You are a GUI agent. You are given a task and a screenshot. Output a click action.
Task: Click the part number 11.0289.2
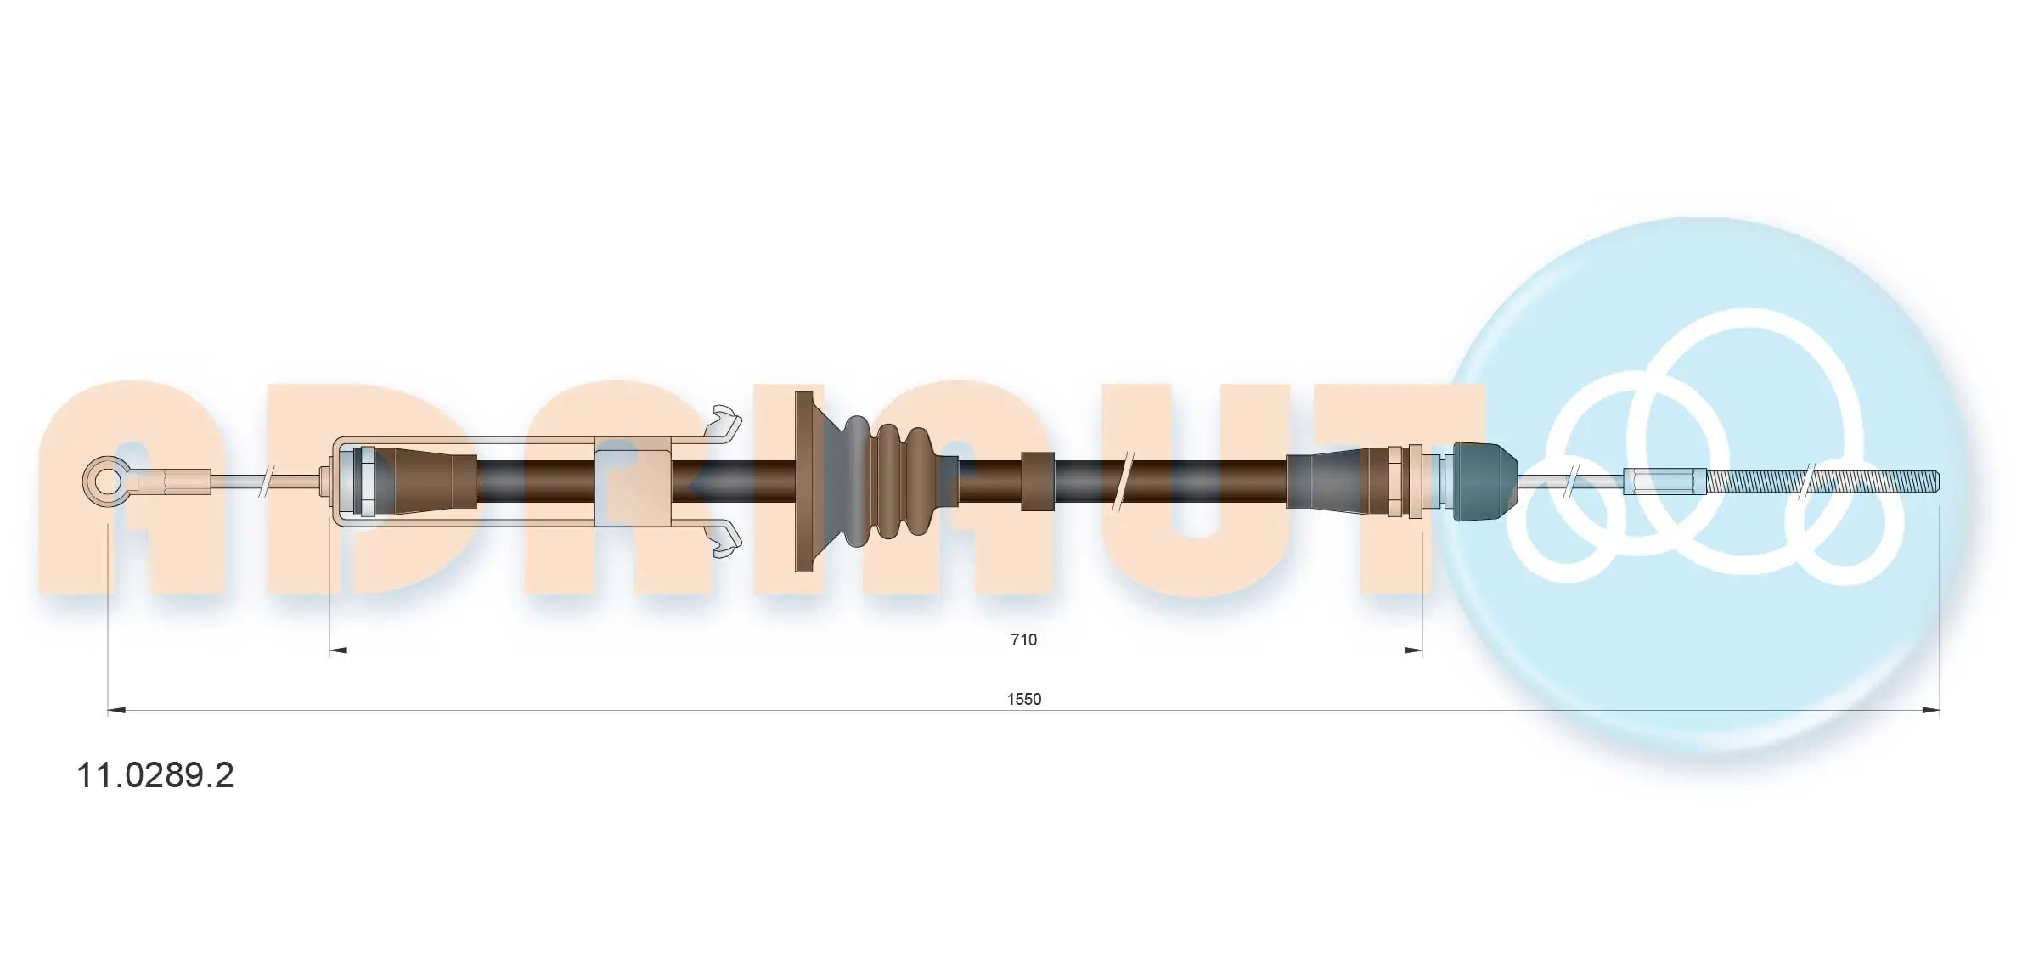pos(155,775)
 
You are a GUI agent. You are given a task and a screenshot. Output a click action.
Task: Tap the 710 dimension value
pos(1023,639)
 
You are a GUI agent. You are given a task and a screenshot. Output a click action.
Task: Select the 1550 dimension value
pos(1023,699)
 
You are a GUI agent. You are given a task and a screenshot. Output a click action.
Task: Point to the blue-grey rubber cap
pos(1485,482)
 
